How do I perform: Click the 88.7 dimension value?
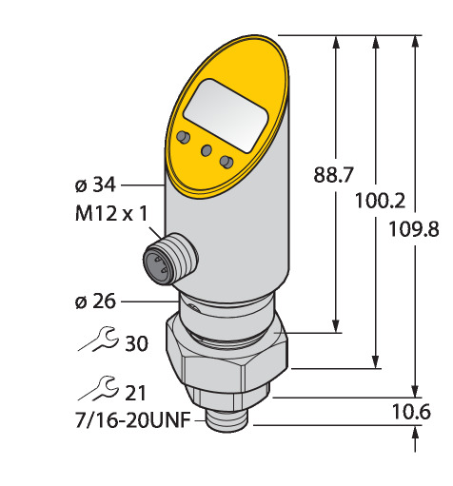click(333, 175)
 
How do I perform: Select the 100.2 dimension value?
click(380, 201)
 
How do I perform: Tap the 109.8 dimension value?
click(414, 229)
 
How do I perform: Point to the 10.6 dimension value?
click(411, 412)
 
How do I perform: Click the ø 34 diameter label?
click(95, 185)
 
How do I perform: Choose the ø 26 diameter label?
click(95, 301)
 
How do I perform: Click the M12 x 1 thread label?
click(111, 213)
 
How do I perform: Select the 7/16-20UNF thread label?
click(133, 420)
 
